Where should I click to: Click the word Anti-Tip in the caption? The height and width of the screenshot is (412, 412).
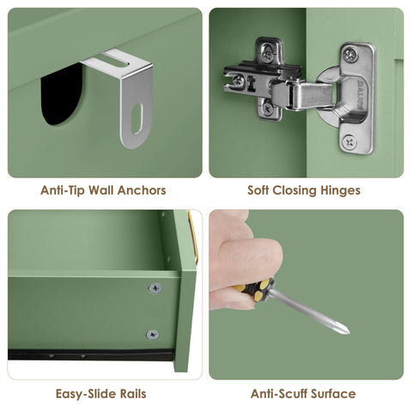62,191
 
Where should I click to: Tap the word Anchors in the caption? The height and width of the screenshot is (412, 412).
142,191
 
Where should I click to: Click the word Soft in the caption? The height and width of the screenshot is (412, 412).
257,191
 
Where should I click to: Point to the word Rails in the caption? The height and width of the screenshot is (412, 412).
133,394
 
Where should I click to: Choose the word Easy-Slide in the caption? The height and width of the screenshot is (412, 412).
86,394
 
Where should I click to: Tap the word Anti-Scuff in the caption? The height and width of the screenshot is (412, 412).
279,394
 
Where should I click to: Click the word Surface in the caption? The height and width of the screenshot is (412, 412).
333,394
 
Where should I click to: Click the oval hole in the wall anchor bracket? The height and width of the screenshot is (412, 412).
136,118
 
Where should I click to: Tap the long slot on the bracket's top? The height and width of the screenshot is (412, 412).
113,61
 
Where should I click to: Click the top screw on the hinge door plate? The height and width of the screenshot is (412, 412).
350,54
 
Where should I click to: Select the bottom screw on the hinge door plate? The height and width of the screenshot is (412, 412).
349,142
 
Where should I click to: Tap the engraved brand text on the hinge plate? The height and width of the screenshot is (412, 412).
360,95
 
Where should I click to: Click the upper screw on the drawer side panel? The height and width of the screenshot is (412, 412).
155,288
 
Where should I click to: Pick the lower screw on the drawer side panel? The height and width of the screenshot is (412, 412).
153,335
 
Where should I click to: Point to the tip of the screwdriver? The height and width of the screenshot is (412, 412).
348,333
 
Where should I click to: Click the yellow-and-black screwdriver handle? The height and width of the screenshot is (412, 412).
255,289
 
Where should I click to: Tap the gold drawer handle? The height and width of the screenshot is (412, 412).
193,238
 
